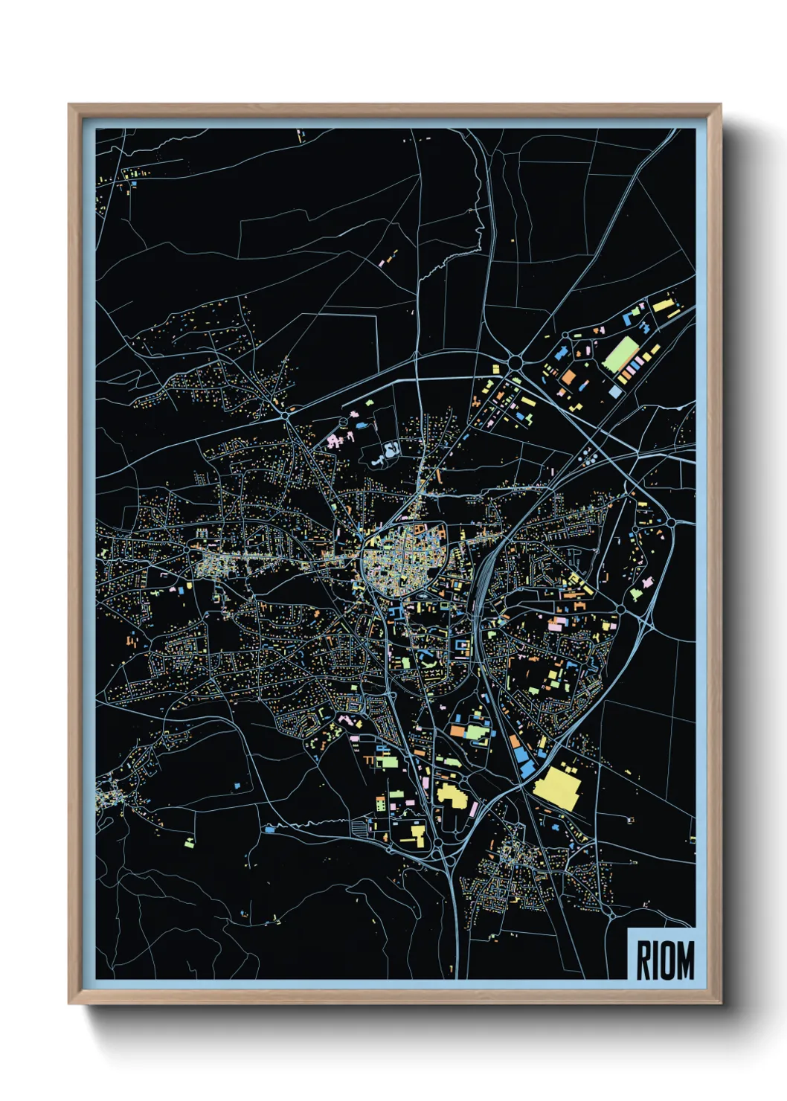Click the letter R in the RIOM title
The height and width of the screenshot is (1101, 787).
click(643, 960)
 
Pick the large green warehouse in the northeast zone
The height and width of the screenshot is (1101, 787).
click(620, 354)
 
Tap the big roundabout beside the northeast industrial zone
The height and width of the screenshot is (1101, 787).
click(515, 362)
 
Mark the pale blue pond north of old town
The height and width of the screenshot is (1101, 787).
click(390, 450)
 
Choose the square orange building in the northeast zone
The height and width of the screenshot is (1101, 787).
click(568, 377)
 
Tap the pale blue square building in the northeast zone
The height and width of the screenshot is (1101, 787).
click(615, 391)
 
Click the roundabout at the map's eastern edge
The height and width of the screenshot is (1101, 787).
click(670, 523)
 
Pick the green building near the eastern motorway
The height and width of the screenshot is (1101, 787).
click(636, 593)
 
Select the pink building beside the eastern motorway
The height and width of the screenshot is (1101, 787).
click(556, 624)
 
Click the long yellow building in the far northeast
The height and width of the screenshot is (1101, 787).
click(662, 305)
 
